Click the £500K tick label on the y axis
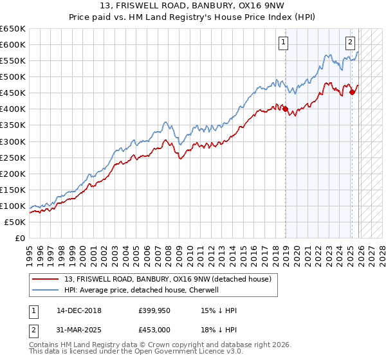pos(13,77)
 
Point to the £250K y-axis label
pos(13,157)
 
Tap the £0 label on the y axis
pos(20,238)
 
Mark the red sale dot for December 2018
pos(285,109)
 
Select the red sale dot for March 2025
pos(352,92)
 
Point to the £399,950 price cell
pos(153,310)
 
